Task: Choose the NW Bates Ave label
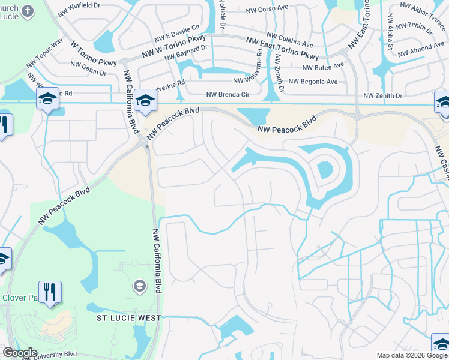coord(323,67)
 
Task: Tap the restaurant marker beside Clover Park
coord(50,292)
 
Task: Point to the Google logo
coord(19,353)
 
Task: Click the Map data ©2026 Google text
coord(411,355)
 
